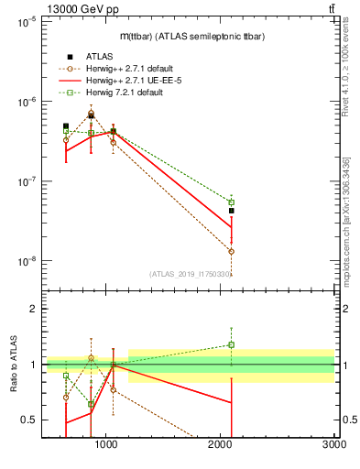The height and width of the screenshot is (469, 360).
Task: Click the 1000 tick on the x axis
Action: tap(106, 444)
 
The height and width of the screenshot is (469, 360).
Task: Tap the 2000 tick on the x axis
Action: tap(220, 444)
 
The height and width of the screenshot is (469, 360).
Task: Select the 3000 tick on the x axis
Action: tap(333, 444)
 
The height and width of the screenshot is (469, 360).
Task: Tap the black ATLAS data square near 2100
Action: tap(232, 211)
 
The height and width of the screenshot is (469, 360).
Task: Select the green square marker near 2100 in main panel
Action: tap(232, 202)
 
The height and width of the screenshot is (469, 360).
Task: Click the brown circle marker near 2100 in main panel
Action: tap(232, 251)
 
